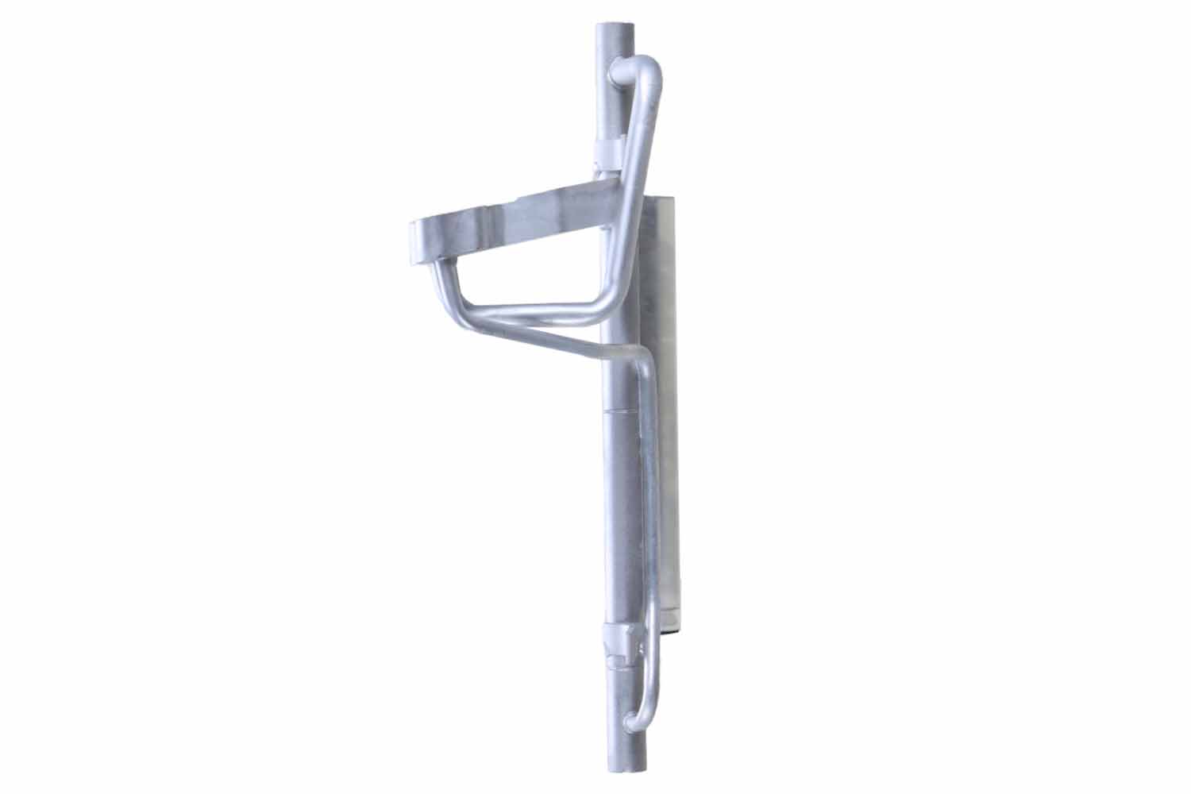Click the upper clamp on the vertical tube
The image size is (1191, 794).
coord(611,152)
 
